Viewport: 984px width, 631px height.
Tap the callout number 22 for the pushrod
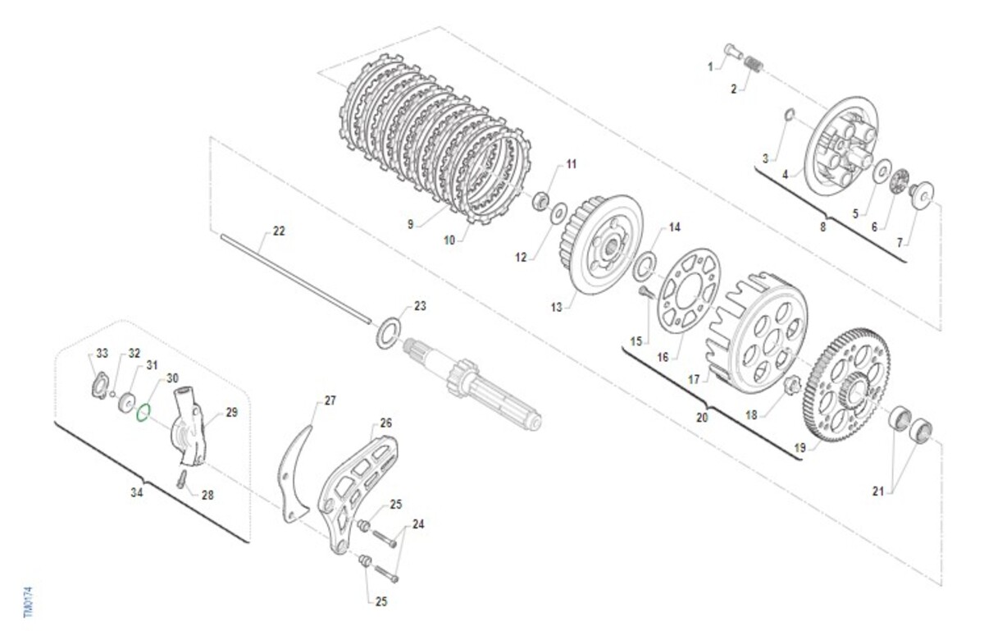(279, 231)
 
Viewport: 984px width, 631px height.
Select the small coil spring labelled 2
(754, 64)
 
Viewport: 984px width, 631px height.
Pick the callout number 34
(137, 492)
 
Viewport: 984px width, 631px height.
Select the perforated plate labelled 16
(688, 290)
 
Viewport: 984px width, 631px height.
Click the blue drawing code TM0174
(28, 602)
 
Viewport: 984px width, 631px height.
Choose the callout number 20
(702, 417)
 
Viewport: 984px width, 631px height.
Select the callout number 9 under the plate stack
(410, 224)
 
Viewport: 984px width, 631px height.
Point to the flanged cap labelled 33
(100, 385)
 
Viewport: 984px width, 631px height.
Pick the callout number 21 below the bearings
(877, 492)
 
